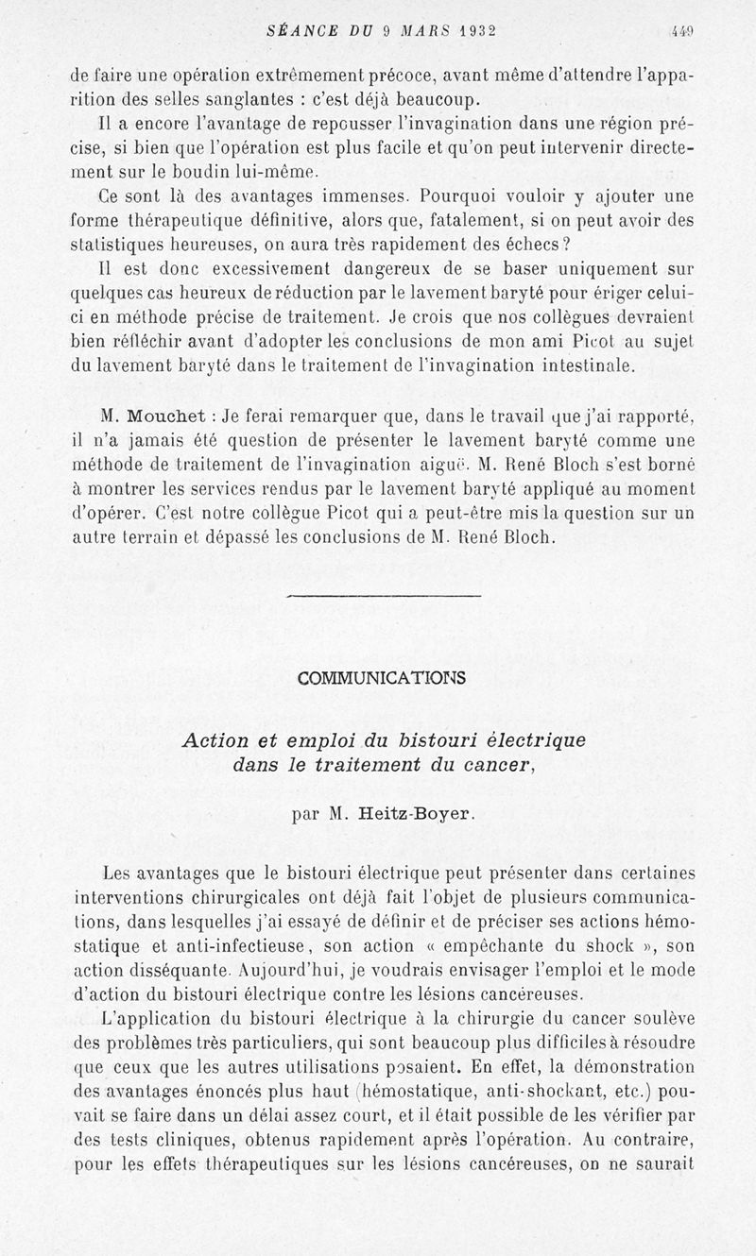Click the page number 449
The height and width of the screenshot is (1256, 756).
(x=682, y=30)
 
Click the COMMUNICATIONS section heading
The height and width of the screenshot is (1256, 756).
(x=382, y=678)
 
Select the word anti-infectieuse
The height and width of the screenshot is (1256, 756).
(x=219, y=944)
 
